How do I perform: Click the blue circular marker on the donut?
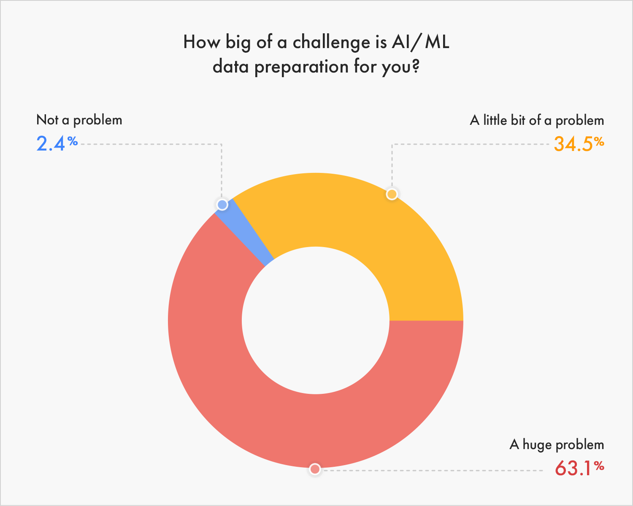(x=222, y=205)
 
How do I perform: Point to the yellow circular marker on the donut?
(x=392, y=194)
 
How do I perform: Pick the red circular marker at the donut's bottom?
(x=315, y=469)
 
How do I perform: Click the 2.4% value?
(x=57, y=143)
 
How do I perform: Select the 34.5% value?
(x=579, y=144)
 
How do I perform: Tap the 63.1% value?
(x=579, y=468)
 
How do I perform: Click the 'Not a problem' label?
(x=79, y=120)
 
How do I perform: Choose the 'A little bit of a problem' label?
(x=537, y=120)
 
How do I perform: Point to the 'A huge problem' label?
(x=557, y=444)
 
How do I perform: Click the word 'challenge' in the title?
(x=331, y=42)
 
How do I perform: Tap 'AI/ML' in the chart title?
(x=421, y=42)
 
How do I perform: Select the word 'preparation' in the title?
(x=301, y=67)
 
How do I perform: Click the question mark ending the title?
(x=415, y=65)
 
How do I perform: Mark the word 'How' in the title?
(x=202, y=42)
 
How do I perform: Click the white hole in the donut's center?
(x=316, y=320)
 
